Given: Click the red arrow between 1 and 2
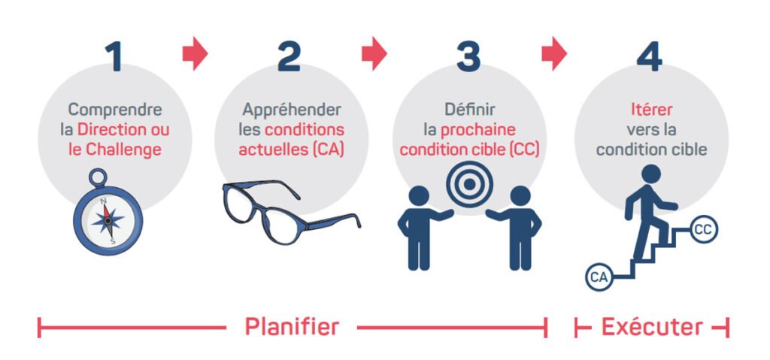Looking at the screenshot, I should coord(195,55).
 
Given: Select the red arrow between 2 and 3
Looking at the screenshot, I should coord(374,55).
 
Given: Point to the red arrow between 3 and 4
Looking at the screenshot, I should coord(554,55).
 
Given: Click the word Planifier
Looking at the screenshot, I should coord(292,327).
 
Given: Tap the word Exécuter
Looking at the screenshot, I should coord(651,327).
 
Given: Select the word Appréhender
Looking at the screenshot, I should coord(290,110).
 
